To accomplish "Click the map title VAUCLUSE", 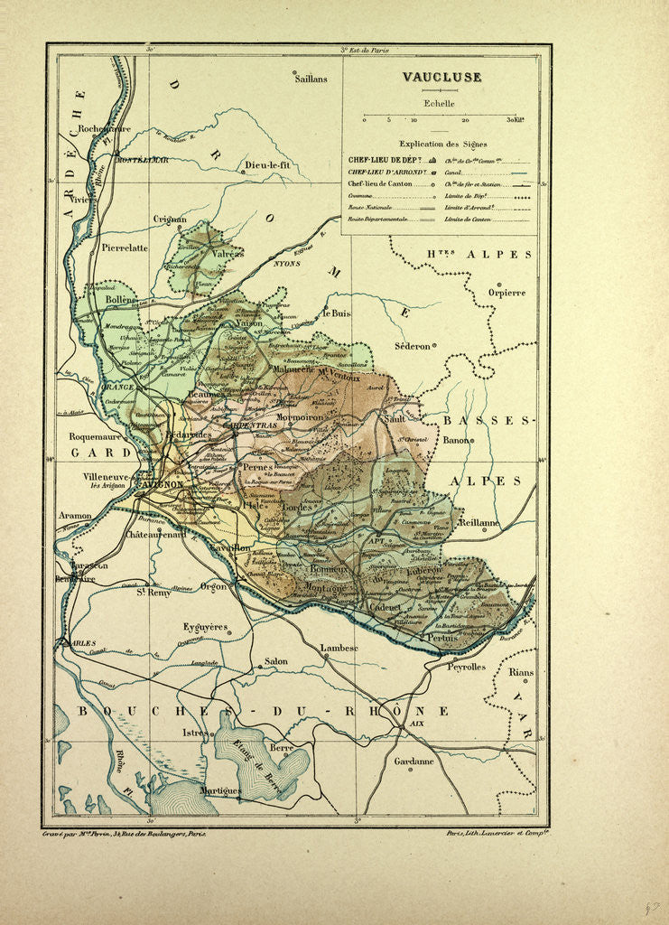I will click(x=441, y=77).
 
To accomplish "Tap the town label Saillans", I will click(x=311, y=79).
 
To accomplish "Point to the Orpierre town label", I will click(x=506, y=292).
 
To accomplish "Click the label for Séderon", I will click(x=413, y=346).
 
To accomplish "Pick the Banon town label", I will click(x=457, y=440).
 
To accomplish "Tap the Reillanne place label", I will click(x=479, y=522).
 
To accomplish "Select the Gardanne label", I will click(x=413, y=761).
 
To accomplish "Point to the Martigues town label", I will click(x=220, y=790).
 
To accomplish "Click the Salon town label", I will click(x=275, y=661).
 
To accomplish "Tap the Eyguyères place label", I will click(x=205, y=626).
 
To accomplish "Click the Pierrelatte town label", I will click(x=125, y=247).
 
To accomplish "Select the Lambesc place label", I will click(x=339, y=648).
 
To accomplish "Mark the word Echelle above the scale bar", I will click(x=440, y=103).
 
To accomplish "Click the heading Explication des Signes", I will click(x=442, y=144).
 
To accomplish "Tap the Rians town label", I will click(x=521, y=672).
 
